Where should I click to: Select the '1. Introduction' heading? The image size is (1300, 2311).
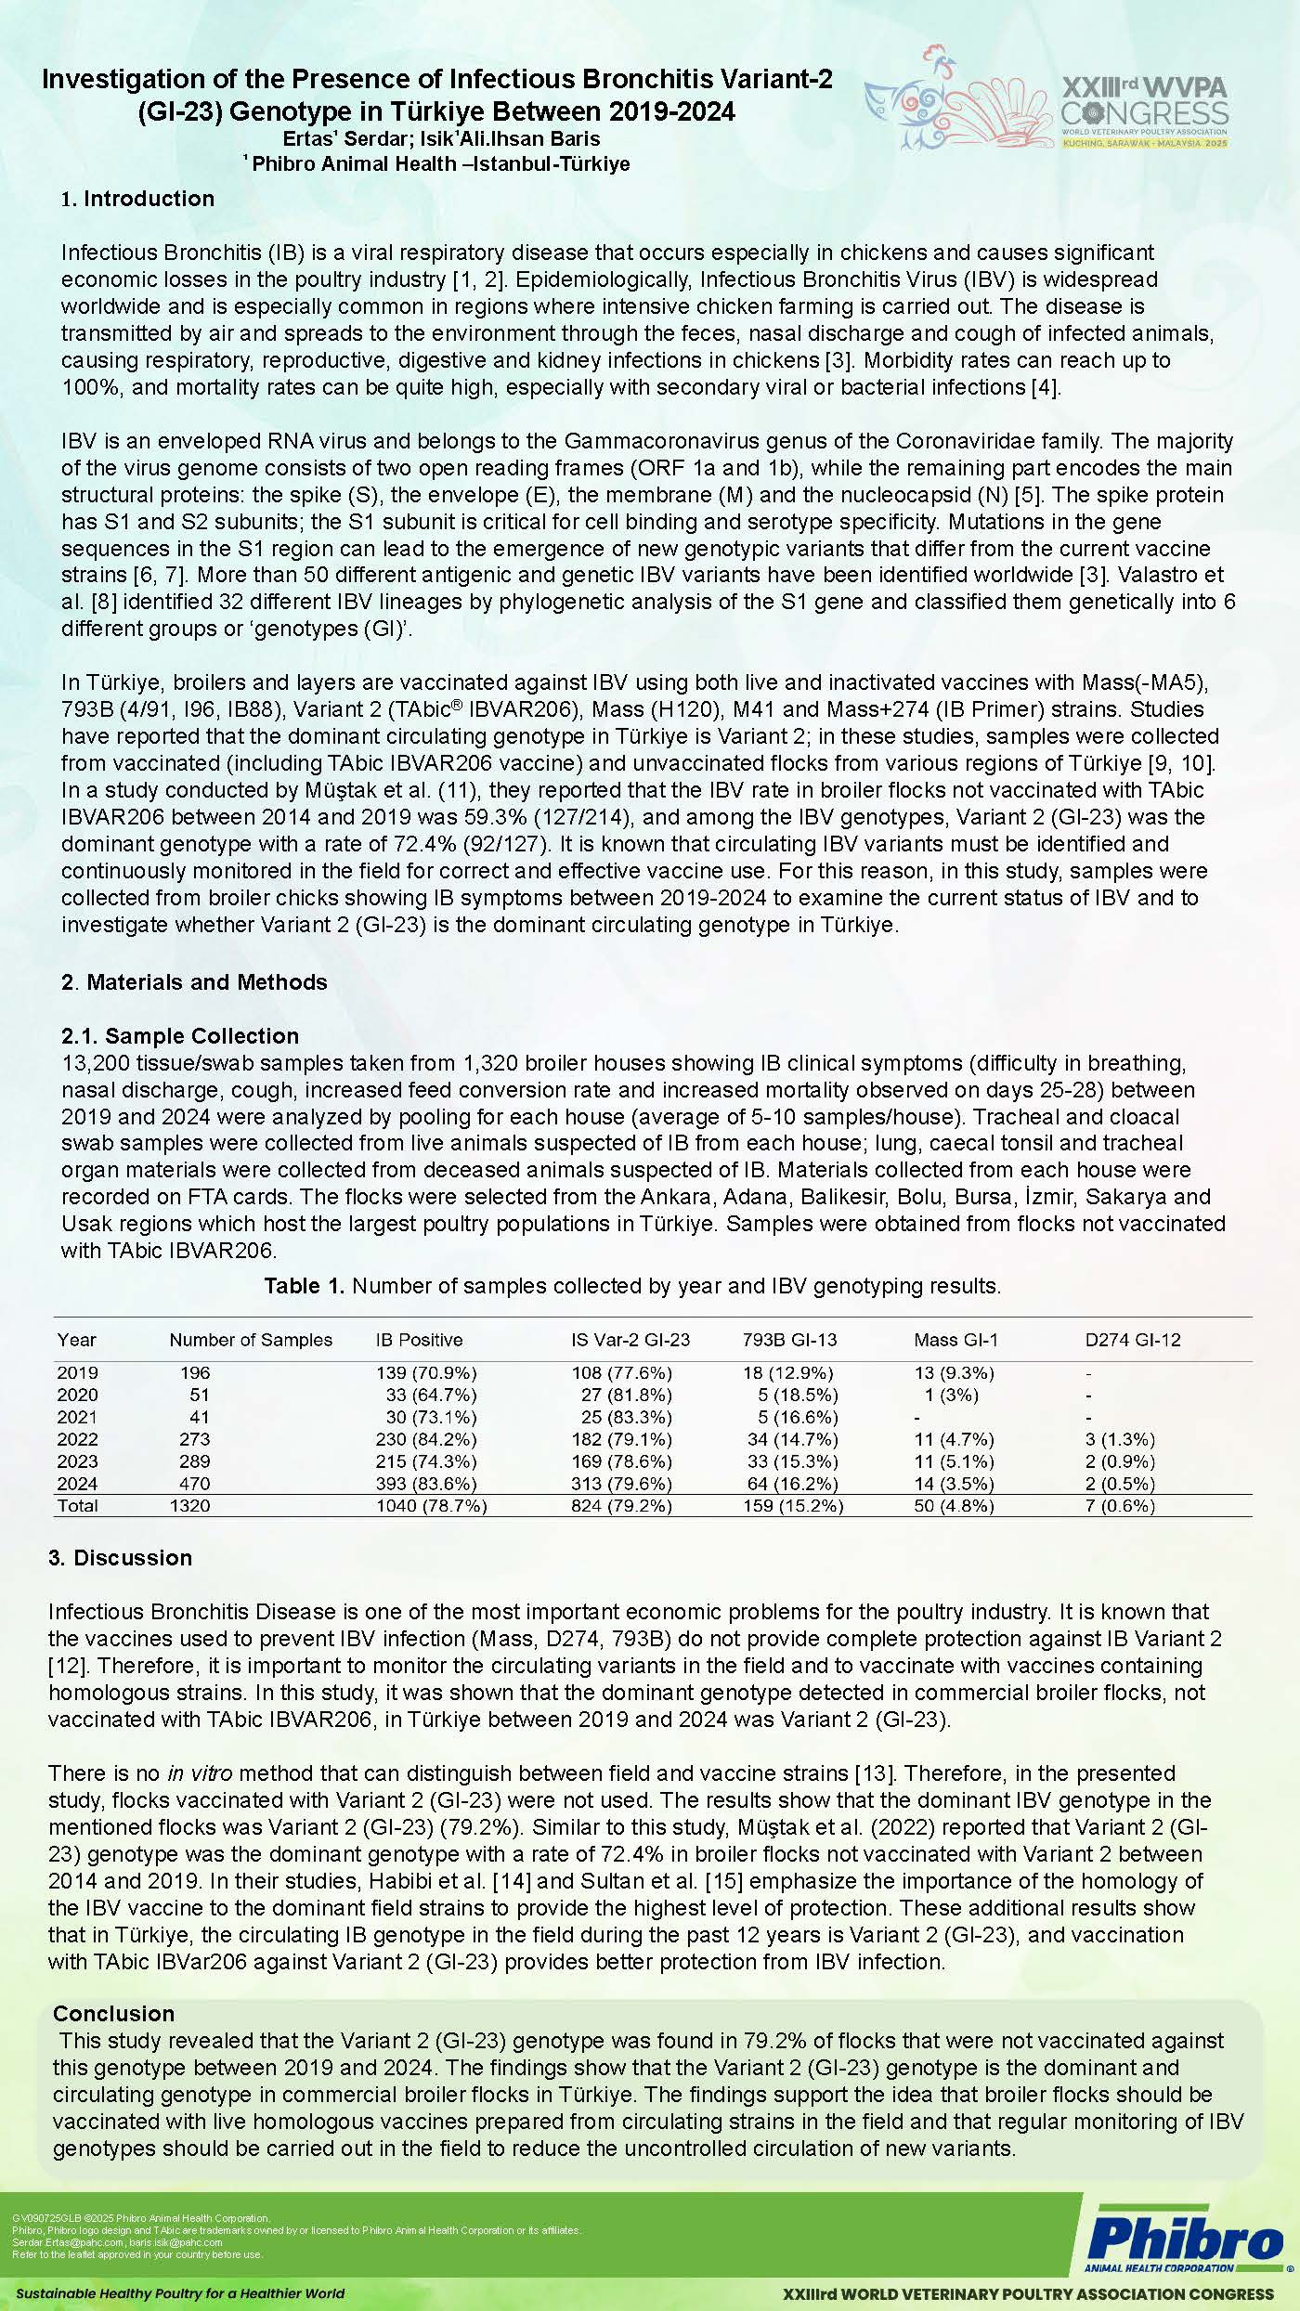point(137,199)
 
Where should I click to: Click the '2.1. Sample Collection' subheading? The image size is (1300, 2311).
point(180,1036)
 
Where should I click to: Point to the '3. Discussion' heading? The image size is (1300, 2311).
point(120,1558)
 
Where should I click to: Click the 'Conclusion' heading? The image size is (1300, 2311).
point(113,2014)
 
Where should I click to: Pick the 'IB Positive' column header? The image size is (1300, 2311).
point(419,1340)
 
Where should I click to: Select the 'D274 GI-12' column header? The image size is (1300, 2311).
point(1133,1340)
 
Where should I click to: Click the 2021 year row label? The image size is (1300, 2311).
point(77,1417)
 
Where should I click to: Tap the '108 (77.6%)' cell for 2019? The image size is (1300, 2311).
point(621,1372)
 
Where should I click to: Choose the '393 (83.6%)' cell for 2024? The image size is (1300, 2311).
point(426,1484)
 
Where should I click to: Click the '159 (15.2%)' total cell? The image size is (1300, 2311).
point(793,1506)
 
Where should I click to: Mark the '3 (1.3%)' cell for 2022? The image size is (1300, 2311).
point(1120,1439)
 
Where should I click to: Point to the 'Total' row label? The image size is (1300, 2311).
point(77,1506)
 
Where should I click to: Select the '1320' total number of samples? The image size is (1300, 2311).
point(189,1506)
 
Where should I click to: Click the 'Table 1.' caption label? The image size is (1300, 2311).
point(305,1286)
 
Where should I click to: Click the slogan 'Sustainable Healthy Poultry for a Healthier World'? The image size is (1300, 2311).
point(180,2293)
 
